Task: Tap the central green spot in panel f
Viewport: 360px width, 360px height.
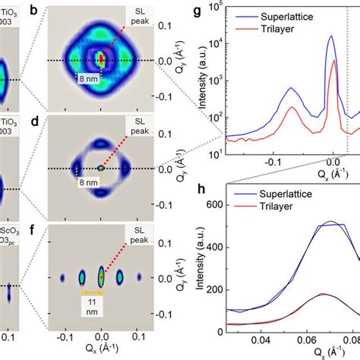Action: [101, 278]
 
